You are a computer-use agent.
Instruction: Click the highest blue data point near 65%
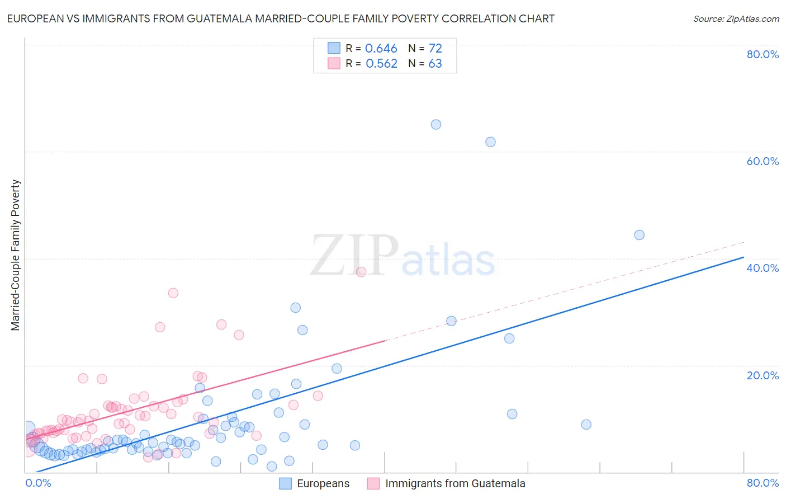(436, 124)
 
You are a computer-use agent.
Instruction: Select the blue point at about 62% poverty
(490, 142)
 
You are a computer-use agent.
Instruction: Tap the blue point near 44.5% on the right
(639, 235)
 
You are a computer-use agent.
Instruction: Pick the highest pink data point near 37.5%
(361, 272)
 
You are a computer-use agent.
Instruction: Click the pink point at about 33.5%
(173, 293)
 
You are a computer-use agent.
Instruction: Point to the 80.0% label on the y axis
(763, 54)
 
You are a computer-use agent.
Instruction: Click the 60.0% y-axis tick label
(763, 161)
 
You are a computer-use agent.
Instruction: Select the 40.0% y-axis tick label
(763, 268)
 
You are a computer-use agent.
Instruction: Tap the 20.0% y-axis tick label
(763, 375)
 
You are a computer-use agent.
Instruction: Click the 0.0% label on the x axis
(38, 483)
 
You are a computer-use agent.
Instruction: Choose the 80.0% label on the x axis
(763, 483)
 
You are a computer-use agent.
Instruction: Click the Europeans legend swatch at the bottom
(285, 483)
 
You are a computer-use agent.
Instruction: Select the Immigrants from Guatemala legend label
(455, 483)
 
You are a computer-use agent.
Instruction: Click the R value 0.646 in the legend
(381, 49)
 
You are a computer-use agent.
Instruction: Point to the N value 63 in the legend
(435, 64)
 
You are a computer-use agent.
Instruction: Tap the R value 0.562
(381, 64)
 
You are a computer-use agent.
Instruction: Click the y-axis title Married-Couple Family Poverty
(16, 255)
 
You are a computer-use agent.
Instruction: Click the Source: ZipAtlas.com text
(736, 19)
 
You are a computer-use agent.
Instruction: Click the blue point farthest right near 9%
(586, 424)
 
